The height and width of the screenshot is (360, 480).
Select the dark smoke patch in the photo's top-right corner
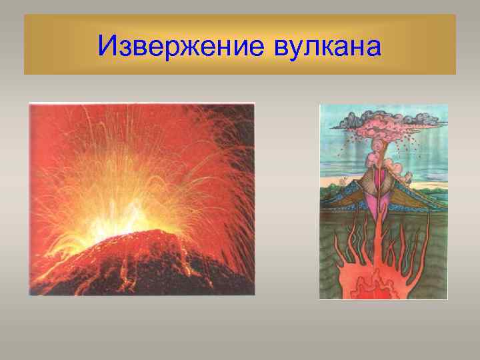(240, 117)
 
